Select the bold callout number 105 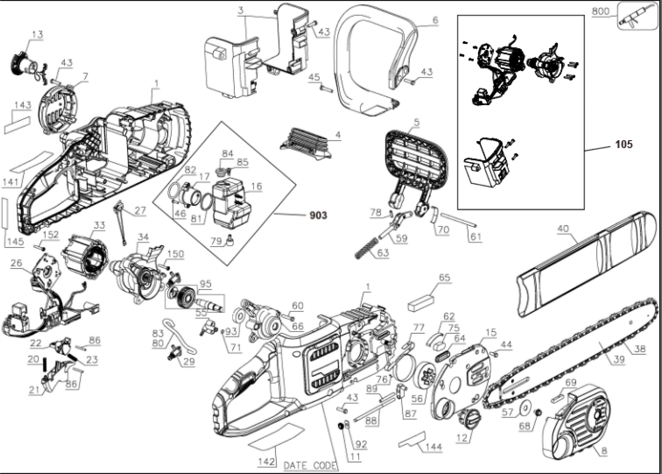[x=624, y=144]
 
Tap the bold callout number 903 [x=318, y=215]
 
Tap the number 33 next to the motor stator [x=99, y=225]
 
